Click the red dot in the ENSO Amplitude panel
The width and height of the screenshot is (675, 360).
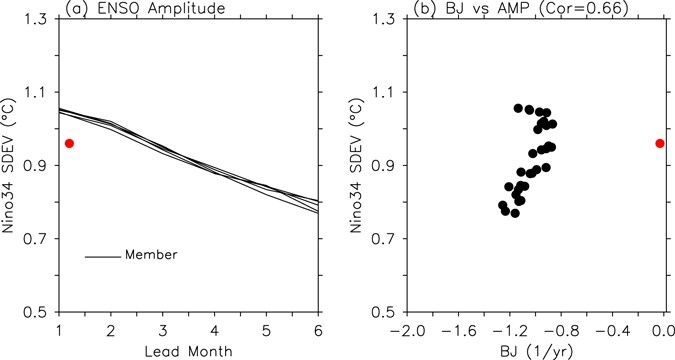[x=69, y=143]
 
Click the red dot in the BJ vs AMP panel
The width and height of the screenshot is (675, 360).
[x=659, y=143]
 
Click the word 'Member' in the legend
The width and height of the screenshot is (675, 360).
[x=151, y=255]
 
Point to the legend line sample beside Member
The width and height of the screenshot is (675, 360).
[x=103, y=256]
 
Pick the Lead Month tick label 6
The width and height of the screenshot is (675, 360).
[x=319, y=330]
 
